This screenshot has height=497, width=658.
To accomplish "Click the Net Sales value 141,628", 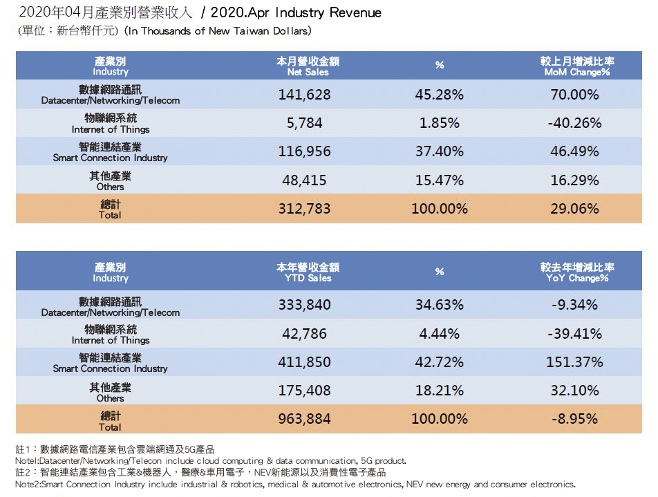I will pyautogui.click(x=304, y=94).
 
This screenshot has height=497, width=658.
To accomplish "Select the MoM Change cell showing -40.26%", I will pyautogui.click(x=574, y=123).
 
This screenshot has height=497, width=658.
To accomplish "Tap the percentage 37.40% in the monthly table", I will pyautogui.click(x=439, y=151).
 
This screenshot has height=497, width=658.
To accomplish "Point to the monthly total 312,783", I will pyautogui.click(x=304, y=208).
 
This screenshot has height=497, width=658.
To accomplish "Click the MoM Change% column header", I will pyautogui.click(x=577, y=66).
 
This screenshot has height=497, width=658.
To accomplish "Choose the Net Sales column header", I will pyautogui.click(x=308, y=66).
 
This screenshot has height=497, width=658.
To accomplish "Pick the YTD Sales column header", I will pyautogui.click(x=308, y=272).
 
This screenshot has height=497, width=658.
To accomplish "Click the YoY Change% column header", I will pyautogui.click(x=577, y=272).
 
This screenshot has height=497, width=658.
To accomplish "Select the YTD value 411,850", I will pyautogui.click(x=304, y=362).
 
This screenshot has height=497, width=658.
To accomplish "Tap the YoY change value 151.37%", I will pyautogui.click(x=574, y=362).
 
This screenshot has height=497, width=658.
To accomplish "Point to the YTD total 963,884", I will pyautogui.click(x=304, y=419).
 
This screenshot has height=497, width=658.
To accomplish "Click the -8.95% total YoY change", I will pyautogui.click(x=574, y=419).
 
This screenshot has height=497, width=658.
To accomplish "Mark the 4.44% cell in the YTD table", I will pyautogui.click(x=439, y=333).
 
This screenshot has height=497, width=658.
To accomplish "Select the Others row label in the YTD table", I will pyautogui.click(x=110, y=393).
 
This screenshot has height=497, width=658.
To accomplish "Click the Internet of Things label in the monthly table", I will pyautogui.click(x=111, y=123).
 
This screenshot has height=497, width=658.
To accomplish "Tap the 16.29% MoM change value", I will pyautogui.click(x=574, y=180).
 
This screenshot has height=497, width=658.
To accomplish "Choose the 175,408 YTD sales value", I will pyautogui.click(x=304, y=391).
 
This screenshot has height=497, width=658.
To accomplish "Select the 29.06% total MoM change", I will pyautogui.click(x=574, y=208).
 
